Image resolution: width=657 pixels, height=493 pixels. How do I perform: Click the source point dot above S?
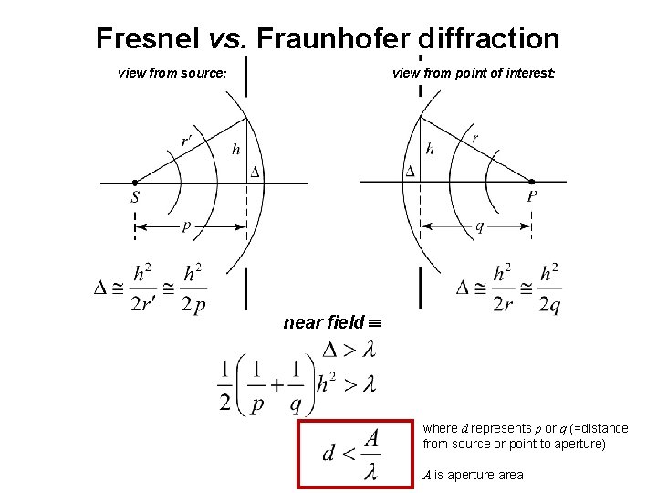click(x=135, y=182)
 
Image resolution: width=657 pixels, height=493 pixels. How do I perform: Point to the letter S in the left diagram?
click(x=135, y=197)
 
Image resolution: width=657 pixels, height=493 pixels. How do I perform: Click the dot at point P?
click(x=531, y=182)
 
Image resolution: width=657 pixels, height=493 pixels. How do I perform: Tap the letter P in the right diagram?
click(x=531, y=197)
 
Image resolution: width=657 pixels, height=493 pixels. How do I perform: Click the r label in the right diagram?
click(x=474, y=139)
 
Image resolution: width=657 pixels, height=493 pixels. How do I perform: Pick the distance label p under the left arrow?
click(x=186, y=226)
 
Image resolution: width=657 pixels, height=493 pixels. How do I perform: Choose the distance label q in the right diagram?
click(x=480, y=226)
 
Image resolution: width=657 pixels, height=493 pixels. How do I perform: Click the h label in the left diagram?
click(x=235, y=149)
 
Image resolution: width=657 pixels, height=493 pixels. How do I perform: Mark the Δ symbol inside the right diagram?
click(x=410, y=171)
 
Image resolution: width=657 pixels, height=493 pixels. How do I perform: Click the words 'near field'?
click(x=323, y=322)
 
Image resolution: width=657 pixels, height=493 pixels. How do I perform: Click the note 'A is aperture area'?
click(x=473, y=475)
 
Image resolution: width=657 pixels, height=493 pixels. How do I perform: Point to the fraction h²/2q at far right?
click(x=548, y=288)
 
